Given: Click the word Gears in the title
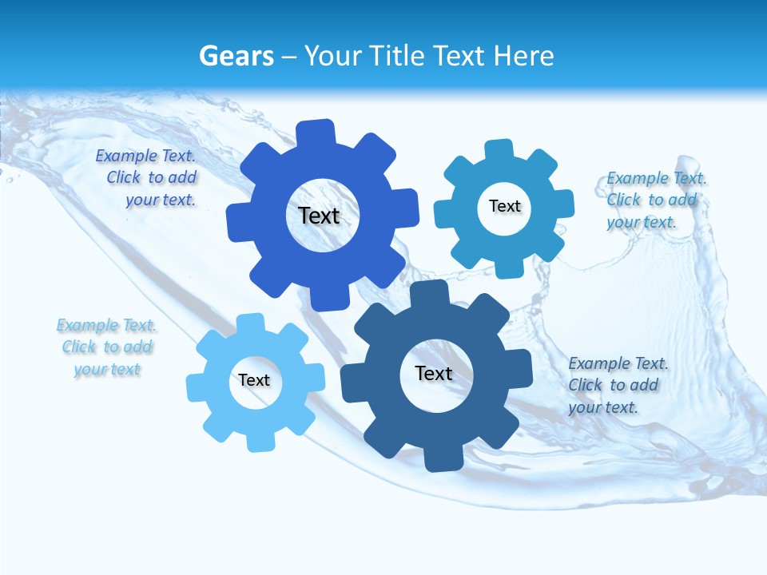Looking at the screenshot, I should tap(236, 57).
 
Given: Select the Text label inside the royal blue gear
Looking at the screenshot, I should tap(319, 216).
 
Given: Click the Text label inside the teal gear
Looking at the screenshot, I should tap(504, 206).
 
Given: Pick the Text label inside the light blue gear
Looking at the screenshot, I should tap(254, 380).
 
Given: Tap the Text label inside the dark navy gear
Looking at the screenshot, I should tap(434, 373).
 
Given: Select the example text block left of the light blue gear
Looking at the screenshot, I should tap(107, 347).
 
